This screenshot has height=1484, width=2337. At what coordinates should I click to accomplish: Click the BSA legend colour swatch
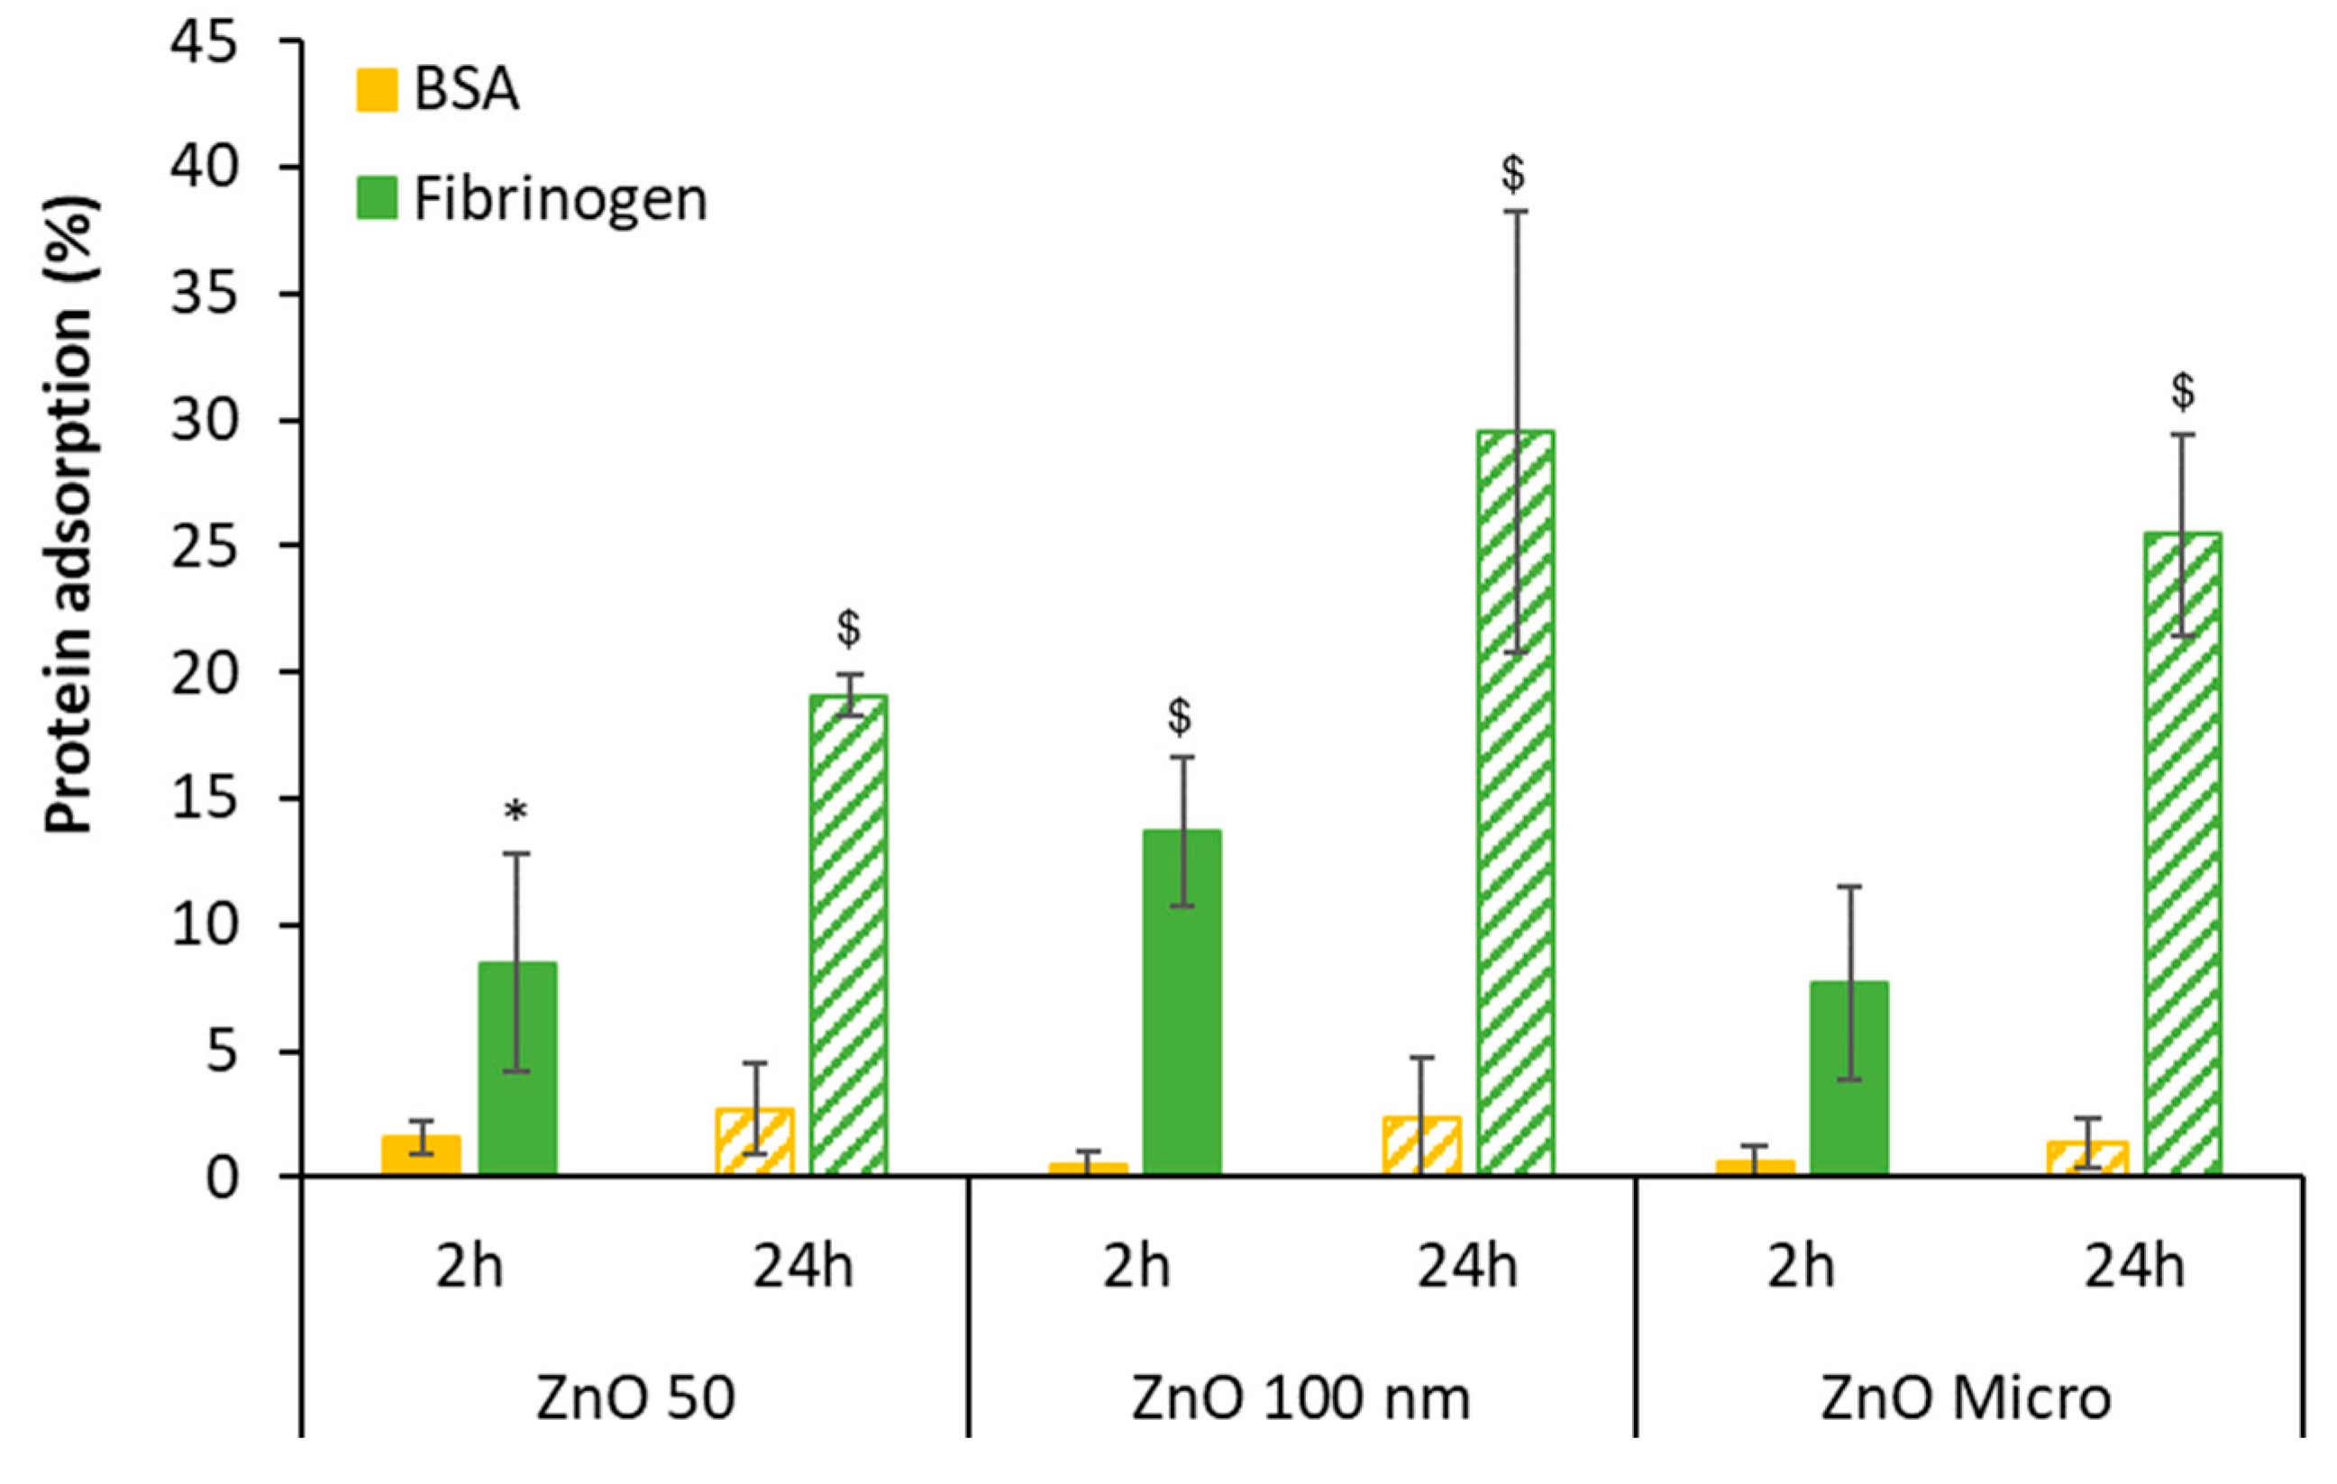377,89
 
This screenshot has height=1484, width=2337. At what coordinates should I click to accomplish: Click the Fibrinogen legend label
560,200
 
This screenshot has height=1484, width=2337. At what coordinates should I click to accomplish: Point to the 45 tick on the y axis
204,43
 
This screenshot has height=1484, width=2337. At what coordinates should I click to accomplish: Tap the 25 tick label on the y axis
204,548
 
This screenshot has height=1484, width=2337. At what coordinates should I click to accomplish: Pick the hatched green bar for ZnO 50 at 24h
848,933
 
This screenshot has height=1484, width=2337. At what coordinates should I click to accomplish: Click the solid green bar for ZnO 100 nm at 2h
1181,1002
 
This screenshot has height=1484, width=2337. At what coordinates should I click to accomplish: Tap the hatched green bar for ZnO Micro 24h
2183,853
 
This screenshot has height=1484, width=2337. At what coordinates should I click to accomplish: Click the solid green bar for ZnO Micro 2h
1849,1078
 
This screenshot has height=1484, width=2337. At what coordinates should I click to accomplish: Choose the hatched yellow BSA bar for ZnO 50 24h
754,1142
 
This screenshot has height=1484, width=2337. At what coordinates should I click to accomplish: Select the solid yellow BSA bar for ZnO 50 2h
420,1154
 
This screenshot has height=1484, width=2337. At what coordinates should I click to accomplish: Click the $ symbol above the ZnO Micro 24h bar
2183,391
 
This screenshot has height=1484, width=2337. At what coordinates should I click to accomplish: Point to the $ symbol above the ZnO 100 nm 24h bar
1513,174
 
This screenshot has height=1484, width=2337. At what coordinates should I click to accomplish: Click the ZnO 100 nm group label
1301,1398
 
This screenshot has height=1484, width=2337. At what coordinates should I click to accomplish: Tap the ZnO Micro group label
1966,1398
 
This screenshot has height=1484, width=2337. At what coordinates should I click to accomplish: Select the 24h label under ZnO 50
803,1267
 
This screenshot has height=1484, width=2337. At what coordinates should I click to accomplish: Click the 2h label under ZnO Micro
1801,1267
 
